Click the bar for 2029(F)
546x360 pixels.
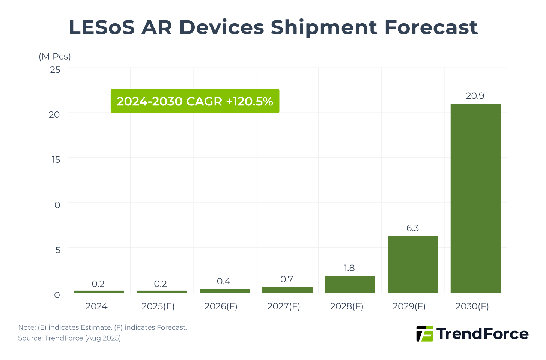click(x=412, y=264)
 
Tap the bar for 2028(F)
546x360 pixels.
click(x=350, y=284)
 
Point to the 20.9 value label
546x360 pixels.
click(x=475, y=96)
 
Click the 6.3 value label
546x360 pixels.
click(x=412, y=228)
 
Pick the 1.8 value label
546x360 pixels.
click(x=349, y=268)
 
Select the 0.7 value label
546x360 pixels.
click(x=287, y=279)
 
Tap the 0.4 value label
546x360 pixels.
click(x=224, y=281)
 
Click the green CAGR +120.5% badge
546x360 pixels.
click(x=195, y=101)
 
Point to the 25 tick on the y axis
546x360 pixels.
click(x=55, y=70)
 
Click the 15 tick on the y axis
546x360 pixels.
click(x=56, y=160)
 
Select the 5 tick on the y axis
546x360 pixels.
click(x=57, y=250)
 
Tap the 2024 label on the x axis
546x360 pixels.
click(x=96, y=306)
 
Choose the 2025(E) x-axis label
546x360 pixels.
click(x=158, y=306)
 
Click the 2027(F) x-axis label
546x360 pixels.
click(x=284, y=306)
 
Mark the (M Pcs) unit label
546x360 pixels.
click(x=55, y=56)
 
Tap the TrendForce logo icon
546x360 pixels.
click(x=424, y=333)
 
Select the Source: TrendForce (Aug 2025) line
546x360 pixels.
click(x=69, y=338)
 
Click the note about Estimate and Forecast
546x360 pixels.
click(x=102, y=327)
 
